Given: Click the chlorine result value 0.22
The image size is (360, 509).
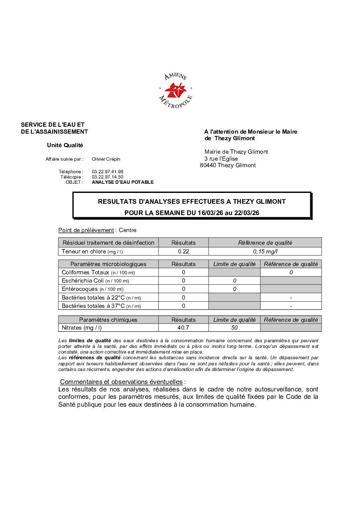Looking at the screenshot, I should pos(183,251).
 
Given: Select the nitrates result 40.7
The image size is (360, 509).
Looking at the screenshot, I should pos(183,328).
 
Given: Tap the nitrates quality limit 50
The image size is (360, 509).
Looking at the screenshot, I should pos(234,328).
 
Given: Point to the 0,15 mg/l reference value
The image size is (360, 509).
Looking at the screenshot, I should pos(265,251).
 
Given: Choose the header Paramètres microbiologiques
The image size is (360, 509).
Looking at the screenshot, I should pos(108,264).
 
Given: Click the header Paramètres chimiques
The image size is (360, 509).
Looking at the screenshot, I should pos(108,320).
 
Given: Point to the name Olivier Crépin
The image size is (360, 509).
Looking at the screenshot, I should pos(106,159).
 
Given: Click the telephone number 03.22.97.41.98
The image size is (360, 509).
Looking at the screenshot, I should pos(108,172).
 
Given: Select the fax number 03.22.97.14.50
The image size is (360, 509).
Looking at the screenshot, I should pos(108,177).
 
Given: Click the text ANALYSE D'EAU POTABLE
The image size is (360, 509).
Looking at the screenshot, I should pos(123,182).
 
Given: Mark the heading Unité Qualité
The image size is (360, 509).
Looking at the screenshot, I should pos(65,145).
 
